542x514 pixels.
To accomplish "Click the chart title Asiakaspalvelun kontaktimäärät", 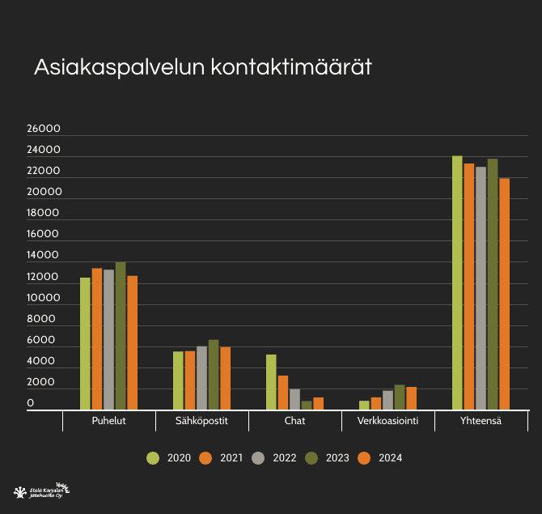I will pyautogui.click(x=202, y=67).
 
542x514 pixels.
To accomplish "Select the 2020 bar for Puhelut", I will pyautogui.click(x=85, y=344).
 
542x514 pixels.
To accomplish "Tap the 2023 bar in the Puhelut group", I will pyautogui.click(x=121, y=336).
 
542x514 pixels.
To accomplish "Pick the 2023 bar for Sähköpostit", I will pyautogui.click(x=214, y=375).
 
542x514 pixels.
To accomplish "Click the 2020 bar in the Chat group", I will pyautogui.click(x=271, y=382).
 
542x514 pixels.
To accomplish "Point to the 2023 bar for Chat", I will pyautogui.click(x=307, y=406).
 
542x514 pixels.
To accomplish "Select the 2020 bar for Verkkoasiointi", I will pyautogui.click(x=364, y=406).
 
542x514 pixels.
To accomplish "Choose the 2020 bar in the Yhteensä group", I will pyautogui.click(x=457, y=282).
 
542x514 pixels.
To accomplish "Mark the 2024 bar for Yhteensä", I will pyautogui.click(x=505, y=294).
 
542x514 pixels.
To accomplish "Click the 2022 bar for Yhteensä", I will pyautogui.click(x=481, y=288).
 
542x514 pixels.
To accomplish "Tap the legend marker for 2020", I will pyautogui.click(x=153, y=458).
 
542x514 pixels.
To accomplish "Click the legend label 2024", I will pyautogui.click(x=390, y=458).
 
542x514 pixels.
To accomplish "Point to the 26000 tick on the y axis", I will pyautogui.click(x=44, y=129).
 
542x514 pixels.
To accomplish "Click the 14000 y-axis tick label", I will pyautogui.click(x=44, y=256).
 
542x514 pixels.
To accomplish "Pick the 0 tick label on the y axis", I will pyautogui.click(x=31, y=403).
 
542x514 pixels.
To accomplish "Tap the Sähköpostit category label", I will pyautogui.click(x=202, y=421).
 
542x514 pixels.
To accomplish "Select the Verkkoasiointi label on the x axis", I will pyautogui.click(x=387, y=421).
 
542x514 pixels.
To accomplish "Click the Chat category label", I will pyautogui.click(x=294, y=421).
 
